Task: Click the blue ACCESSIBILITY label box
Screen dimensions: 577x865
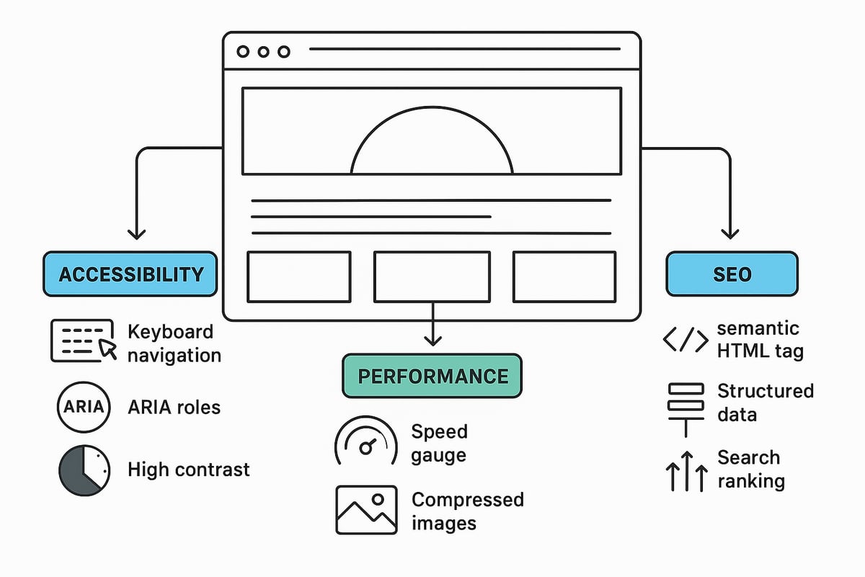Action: coord(130,274)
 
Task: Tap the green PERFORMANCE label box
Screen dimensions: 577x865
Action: coord(432,376)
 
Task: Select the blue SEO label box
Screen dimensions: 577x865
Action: coord(732,274)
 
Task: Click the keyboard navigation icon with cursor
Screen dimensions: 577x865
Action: coord(82,340)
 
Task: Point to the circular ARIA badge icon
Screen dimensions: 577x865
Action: coord(84,407)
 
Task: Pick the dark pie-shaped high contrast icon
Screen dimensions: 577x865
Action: coord(84,470)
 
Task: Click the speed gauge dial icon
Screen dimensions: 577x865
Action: coord(366,441)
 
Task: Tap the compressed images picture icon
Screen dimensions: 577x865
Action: coord(366,509)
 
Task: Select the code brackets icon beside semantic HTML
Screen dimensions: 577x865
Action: coord(685,340)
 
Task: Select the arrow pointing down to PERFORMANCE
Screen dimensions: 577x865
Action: coord(432,335)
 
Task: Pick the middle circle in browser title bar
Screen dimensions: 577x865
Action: coord(263,52)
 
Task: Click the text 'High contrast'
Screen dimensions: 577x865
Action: coord(188,470)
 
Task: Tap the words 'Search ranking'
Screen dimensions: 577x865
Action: coord(750,470)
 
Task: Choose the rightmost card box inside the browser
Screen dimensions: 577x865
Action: coord(564,276)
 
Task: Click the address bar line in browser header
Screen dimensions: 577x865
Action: coord(464,49)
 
